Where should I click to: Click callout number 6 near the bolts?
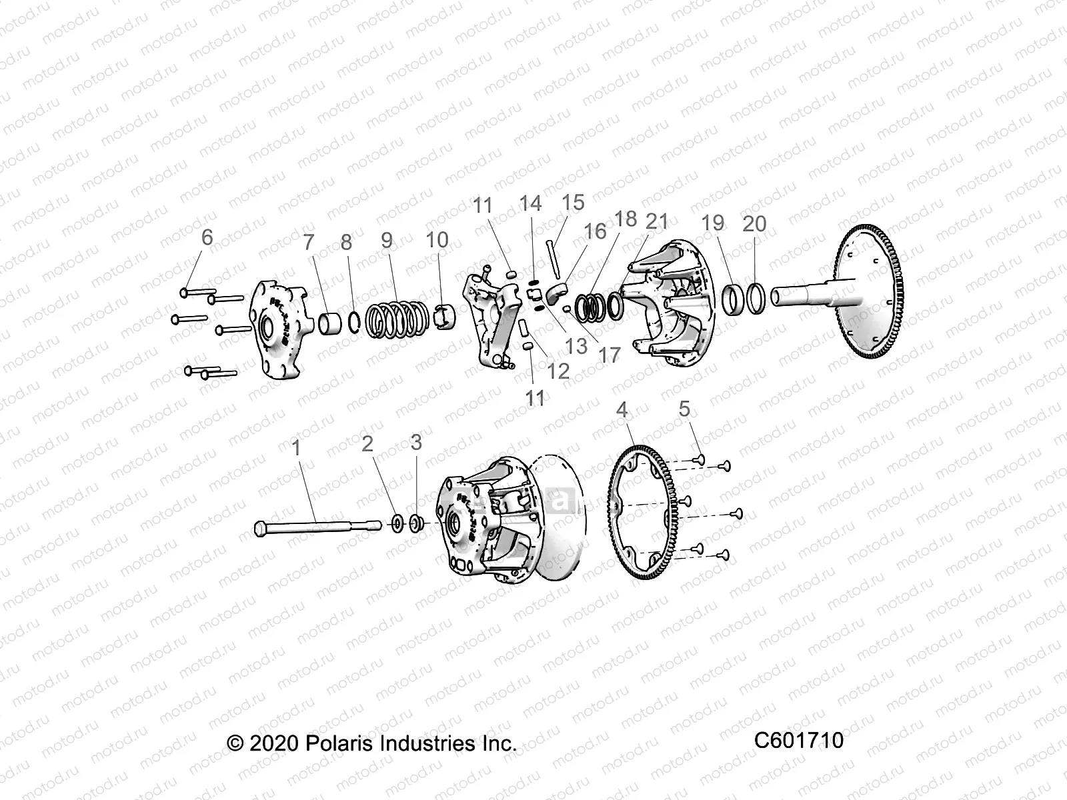[207, 237]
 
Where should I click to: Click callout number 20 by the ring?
[754, 223]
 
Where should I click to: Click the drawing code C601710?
[799, 740]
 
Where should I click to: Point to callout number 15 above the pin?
[572, 202]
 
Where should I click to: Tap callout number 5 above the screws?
[684, 409]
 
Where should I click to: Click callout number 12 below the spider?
[558, 371]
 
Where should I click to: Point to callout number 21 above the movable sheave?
[657, 221]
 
